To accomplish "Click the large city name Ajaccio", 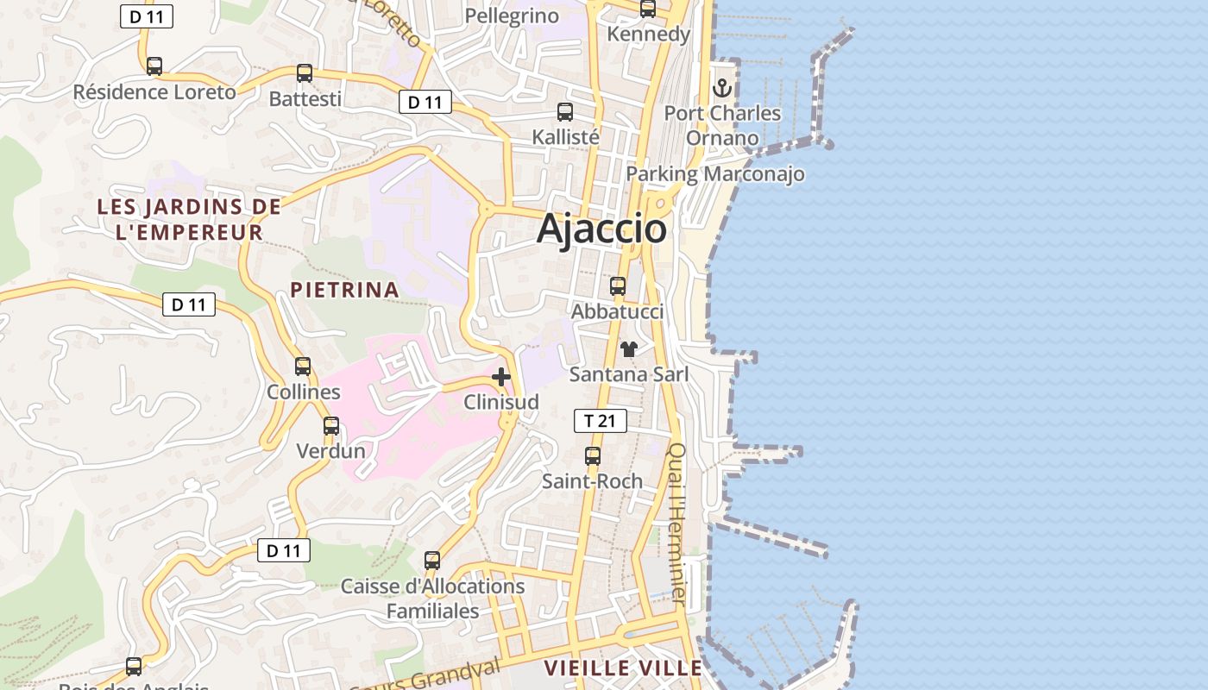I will (x=601, y=229).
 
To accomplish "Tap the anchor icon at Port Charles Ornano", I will (x=721, y=88).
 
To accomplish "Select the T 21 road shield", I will (x=600, y=421).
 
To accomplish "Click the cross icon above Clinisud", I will (x=500, y=377).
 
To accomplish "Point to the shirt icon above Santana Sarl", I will (x=629, y=348).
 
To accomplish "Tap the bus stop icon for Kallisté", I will (x=565, y=112).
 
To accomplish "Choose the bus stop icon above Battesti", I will (x=305, y=73).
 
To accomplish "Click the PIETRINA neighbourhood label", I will (x=344, y=290).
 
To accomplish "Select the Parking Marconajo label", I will (x=714, y=174).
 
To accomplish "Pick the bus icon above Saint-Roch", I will (x=593, y=456).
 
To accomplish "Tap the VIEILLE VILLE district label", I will (x=623, y=668).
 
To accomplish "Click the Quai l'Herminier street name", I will (x=678, y=523).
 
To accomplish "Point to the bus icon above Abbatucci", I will (x=618, y=286).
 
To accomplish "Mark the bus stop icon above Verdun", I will (x=331, y=426).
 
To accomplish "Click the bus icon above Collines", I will (x=303, y=367).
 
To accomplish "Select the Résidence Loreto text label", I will (x=154, y=92).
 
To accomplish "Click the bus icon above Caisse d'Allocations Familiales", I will (x=432, y=561).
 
